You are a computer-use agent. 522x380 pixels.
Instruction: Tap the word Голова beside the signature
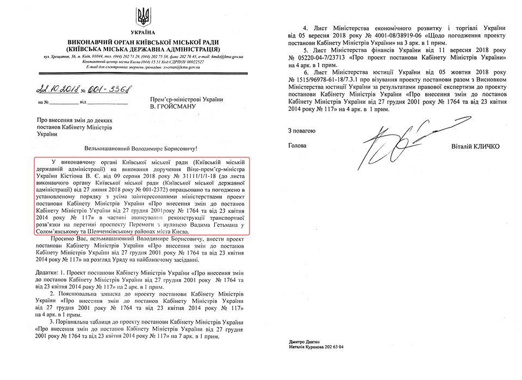coord(297,145)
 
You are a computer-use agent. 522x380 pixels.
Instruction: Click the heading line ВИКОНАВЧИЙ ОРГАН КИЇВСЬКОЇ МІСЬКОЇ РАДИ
coord(143,42)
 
